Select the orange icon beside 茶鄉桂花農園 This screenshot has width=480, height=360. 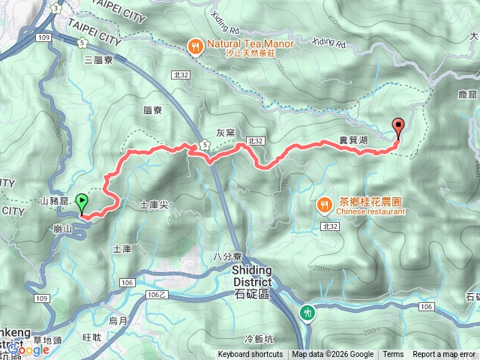[x=324, y=203]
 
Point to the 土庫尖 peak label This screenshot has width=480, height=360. [x=154, y=204]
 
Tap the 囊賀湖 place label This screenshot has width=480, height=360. [x=352, y=140]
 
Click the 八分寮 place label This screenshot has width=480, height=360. [x=226, y=256]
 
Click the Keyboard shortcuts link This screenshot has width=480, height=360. [x=250, y=355]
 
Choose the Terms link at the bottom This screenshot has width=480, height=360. [x=393, y=355]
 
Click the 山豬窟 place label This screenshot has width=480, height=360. [x=54, y=202]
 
